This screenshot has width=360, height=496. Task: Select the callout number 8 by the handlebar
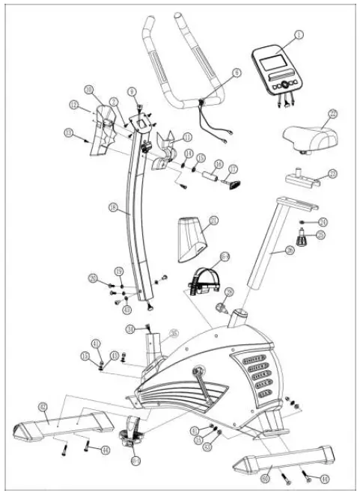tap(237, 73)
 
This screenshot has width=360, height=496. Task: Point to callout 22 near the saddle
tap(333, 114)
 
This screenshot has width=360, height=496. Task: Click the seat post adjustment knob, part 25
tap(302, 240)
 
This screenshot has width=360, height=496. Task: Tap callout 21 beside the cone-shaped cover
tap(214, 220)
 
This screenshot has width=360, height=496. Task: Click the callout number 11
tap(187, 136)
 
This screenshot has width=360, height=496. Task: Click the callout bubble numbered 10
tap(89, 90)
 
